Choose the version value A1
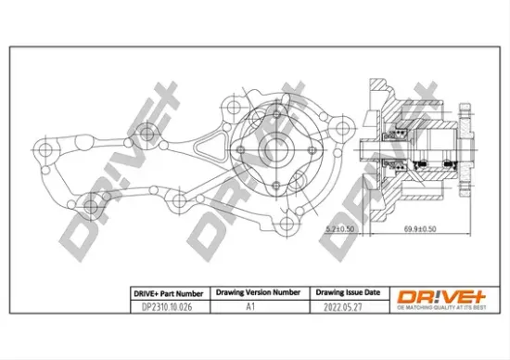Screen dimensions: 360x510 click(x=249, y=306)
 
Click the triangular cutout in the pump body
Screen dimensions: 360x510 click(x=210, y=147)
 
